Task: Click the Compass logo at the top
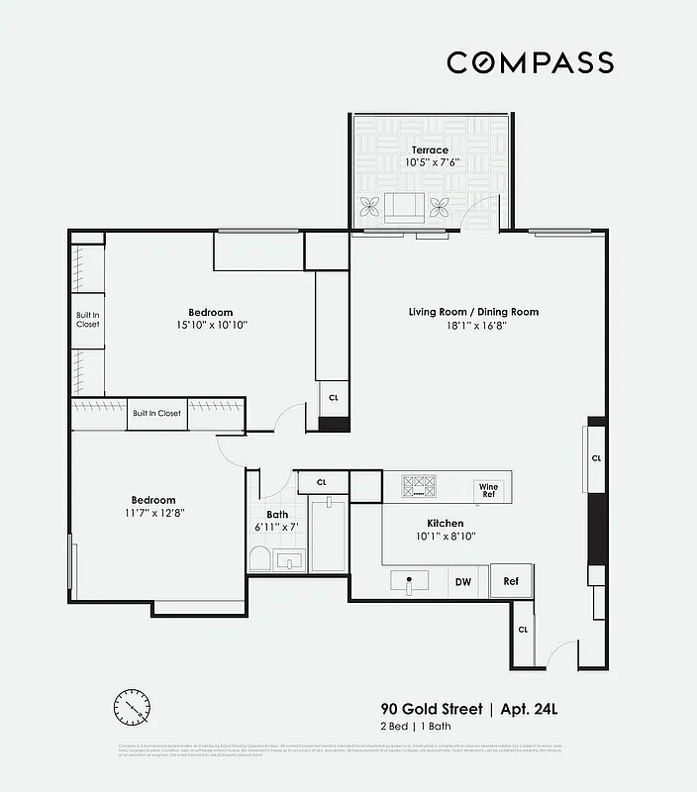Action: tap(530, 62)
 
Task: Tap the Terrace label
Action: tap(430, 150)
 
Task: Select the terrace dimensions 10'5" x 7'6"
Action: tap(430, 162)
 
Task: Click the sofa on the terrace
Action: tap(403, 207)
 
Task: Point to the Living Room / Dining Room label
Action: tap(473, 312)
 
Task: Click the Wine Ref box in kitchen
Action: tap(489, 488)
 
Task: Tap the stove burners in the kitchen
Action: tap(419, 486)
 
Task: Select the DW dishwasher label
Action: tap(462, 582)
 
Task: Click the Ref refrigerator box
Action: tap(512, 582)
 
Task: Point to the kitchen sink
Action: tap(408, 581)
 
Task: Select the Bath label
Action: tap(277, 515)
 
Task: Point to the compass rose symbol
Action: tap(133, 707)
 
